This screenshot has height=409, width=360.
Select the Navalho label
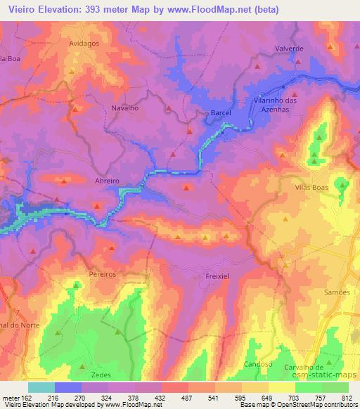click(x=124, y=109)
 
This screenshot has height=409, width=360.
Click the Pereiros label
click(x=102, y=271)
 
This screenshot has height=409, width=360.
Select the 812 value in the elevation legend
click(x=345, y=396)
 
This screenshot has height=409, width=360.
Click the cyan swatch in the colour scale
click(x=41, y=387)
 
